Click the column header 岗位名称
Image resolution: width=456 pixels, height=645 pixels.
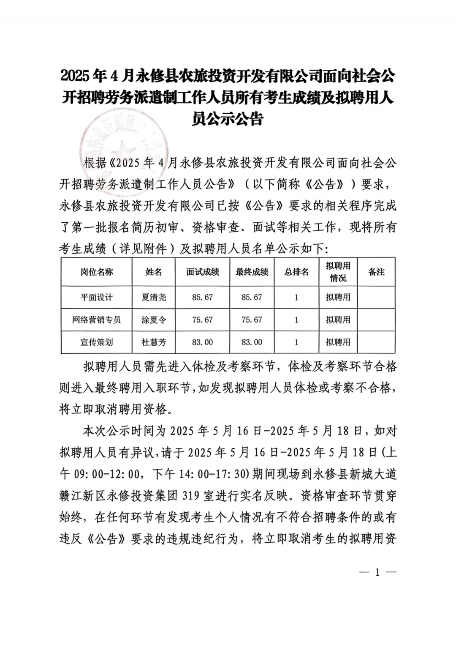coord(97,272)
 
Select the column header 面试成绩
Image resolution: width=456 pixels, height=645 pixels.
coord(203,272)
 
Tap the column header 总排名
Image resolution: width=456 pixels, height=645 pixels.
coord(296,272)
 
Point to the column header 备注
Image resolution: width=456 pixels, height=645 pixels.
coord(376,272)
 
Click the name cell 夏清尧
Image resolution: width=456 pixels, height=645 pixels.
coord(154,298)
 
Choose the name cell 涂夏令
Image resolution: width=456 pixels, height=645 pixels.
coord(154,320)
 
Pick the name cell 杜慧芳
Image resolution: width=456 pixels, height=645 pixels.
coord(154,342)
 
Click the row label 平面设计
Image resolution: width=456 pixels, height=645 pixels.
coord(97,298)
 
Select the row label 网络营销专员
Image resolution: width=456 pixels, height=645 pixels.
coord(97,320)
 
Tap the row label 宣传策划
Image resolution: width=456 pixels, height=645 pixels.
coord(97,342)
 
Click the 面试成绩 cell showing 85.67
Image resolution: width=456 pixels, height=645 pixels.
coord(203,298)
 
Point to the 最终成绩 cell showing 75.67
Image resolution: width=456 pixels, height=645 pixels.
coord(252,320)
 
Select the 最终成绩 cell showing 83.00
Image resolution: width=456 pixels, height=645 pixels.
coord(252,342)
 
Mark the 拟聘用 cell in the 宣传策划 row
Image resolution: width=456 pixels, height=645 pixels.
coord(338,342)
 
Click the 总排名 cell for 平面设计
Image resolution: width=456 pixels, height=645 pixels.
coord(296,298)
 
